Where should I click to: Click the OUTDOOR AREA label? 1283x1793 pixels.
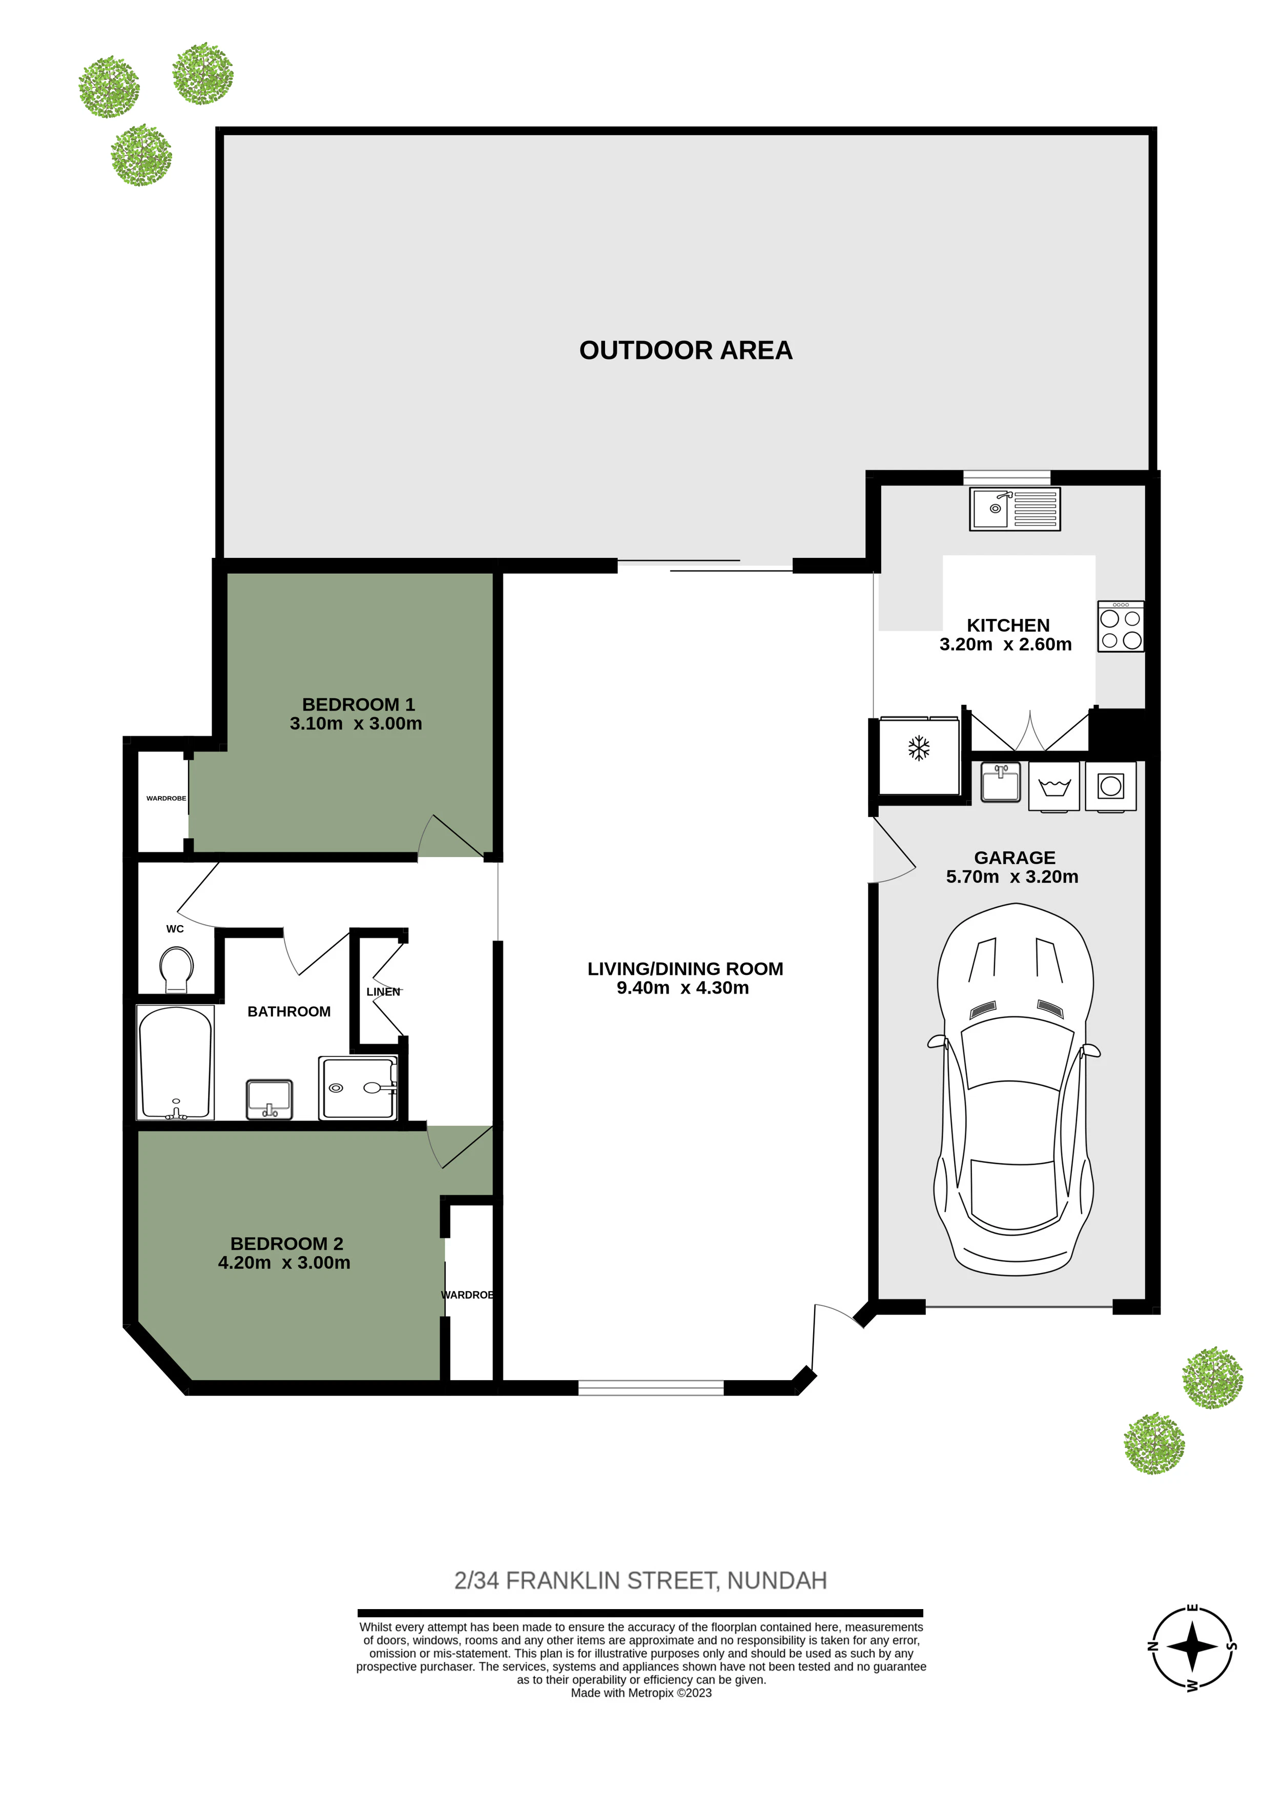pos(685,350)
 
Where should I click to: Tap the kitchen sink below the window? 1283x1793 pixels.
pos(1015,509)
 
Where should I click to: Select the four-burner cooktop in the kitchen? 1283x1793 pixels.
pos(1120,627)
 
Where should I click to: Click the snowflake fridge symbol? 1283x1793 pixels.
pos(918,748)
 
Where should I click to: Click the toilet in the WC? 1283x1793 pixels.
pos(176,968)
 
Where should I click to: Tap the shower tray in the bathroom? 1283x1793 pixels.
pos(358,1088)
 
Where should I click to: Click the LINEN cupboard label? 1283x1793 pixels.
pos(383,991)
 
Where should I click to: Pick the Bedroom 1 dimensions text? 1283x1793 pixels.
pos(356,723)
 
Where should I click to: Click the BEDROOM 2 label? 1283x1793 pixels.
pos(287,1243)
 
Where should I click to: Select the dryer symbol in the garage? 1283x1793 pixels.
pos(1111,786)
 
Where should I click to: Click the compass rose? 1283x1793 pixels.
pos(1193,1648)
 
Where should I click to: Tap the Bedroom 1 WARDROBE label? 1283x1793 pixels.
pos(166,799)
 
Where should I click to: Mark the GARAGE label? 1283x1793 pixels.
pos(1015,858)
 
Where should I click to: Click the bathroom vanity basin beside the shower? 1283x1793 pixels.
pos(270,1099)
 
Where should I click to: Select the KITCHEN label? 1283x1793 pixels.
pos(1008,626)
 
